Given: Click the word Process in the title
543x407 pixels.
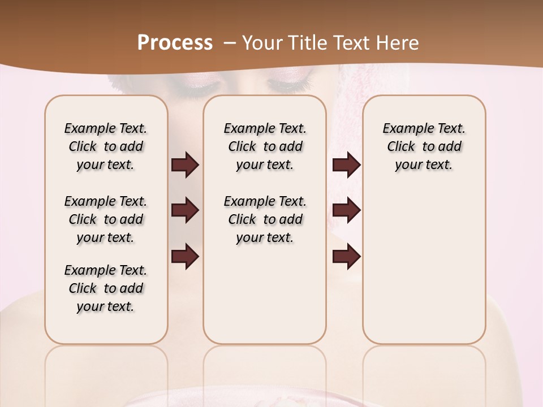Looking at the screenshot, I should point(175,43).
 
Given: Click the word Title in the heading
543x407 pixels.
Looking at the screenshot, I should point(303,43).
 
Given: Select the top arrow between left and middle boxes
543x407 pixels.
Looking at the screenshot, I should point(185,164).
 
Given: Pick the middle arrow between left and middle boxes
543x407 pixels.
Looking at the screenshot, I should point(185,210).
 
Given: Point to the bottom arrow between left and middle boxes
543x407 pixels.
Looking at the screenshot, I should point(185,256).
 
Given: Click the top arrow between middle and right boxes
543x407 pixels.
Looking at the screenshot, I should point(346,164).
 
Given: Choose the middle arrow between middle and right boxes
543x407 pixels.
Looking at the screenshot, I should point(346,210).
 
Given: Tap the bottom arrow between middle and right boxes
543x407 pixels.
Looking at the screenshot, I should point(346,256).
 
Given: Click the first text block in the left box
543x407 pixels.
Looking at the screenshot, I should point(106,146).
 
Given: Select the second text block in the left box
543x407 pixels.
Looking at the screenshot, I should point(106,219).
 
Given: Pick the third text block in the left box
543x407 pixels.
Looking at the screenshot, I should point(106,288).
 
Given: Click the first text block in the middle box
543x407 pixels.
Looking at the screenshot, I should point(265,146).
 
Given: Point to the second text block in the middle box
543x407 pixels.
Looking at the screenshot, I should point(265,219).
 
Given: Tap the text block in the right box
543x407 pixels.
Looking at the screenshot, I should point(424,146).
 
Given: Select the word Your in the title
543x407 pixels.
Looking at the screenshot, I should point(261,43).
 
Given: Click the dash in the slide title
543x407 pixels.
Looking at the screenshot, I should point(230,43).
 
